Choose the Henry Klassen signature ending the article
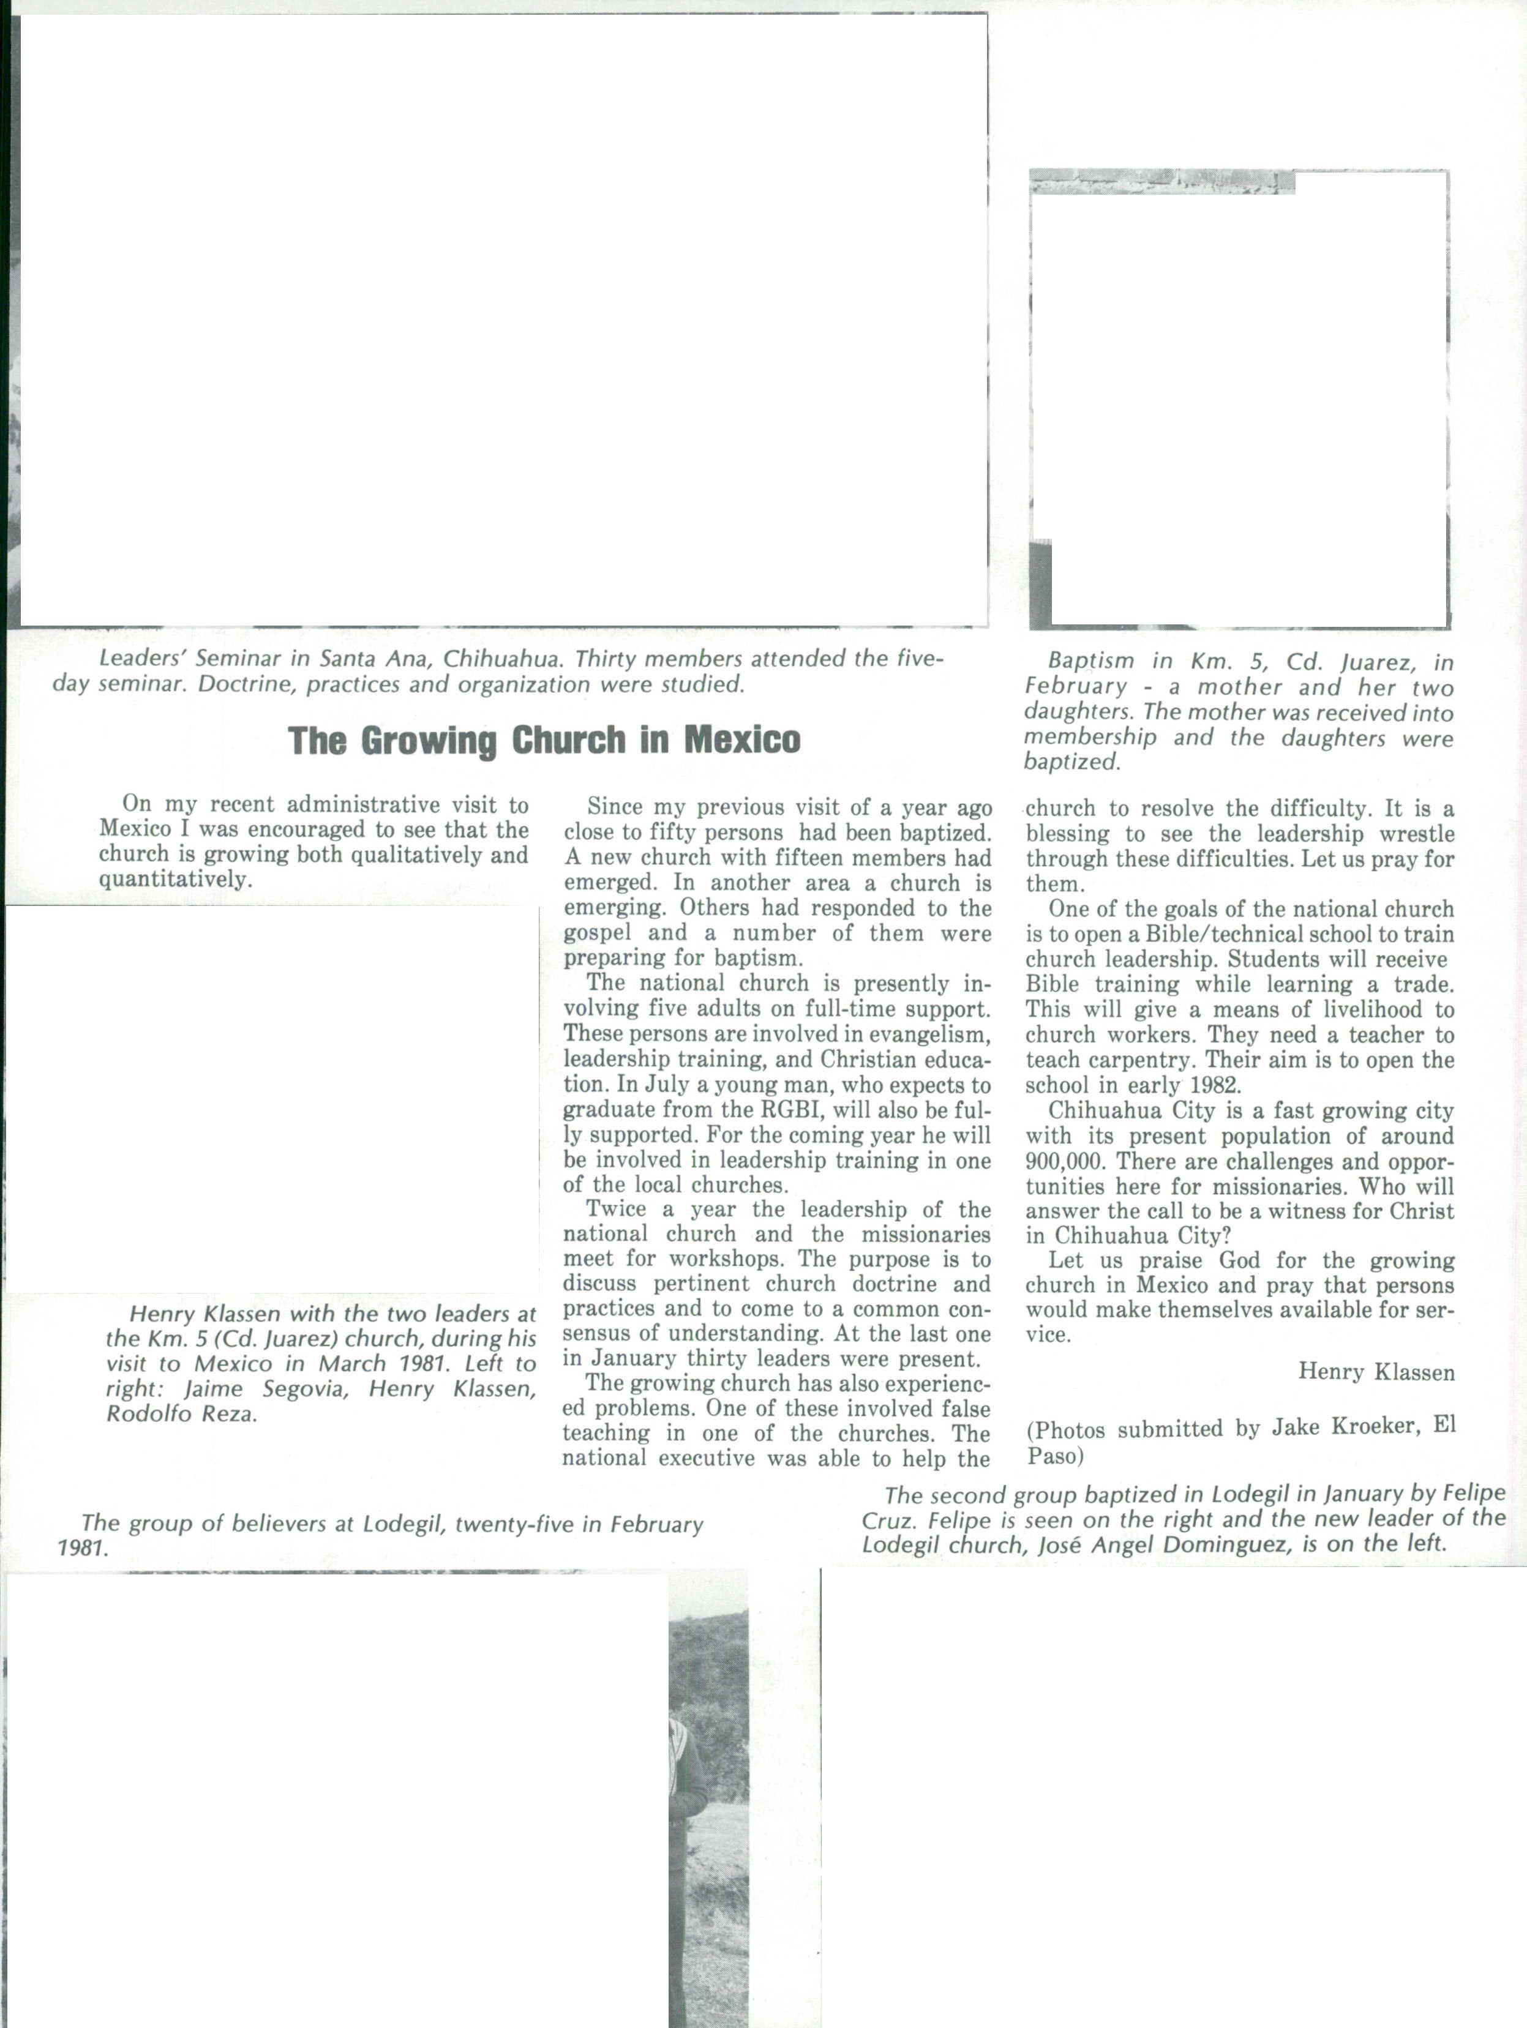coord(1376,1372)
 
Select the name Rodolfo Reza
coord(181,1414)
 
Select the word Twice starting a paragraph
coord(617,1210)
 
